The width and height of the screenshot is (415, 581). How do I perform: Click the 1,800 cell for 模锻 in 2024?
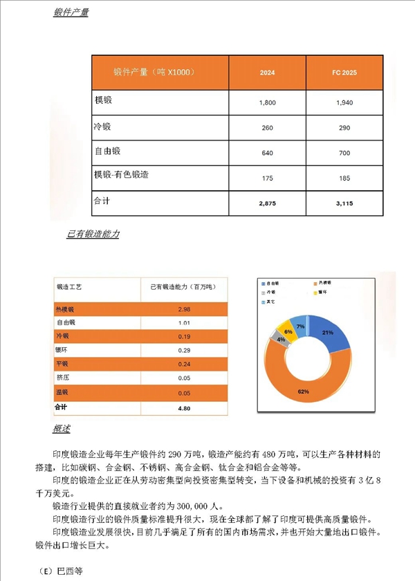pyautogui.click(x=267, y=102)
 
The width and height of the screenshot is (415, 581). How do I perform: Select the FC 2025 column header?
pyautogui.click(x=344, y=72)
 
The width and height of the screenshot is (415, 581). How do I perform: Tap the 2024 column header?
pyautogui.click(x=267, y=72)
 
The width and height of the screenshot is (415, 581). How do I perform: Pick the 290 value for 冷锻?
pyautogui.click(x=344, y=128)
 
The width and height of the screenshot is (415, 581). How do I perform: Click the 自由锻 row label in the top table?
pyautogui.click(x=107, y=151)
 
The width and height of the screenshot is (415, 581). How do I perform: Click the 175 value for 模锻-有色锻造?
pyautogui.click(x=267, y=179)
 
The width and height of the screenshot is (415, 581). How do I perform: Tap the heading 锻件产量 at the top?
pyautogui.click(x=71, y=13)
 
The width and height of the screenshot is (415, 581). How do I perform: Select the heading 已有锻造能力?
pyautogui.click(x=93, y=234)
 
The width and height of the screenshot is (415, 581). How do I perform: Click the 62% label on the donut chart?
pyautogui.click(x=303, y=392)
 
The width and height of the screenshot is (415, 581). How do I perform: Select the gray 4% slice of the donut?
pyautogui.click(x=281, y=340)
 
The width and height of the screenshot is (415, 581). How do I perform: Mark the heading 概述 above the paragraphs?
pyautogui.click(x=61, y=430)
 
